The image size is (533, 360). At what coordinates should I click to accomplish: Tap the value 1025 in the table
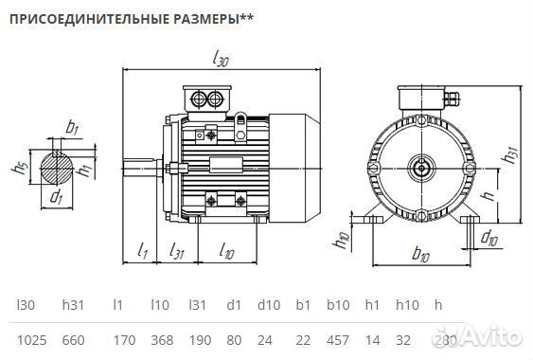pyautogui.click(x=32, y=339)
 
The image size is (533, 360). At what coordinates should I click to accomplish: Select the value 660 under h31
pyautogui.click(x=74, y=339)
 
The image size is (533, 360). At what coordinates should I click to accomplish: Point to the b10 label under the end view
pyautogui.click(x=420, y=254)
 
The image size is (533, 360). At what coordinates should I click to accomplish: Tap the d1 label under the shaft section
pyautogui.click(x=56, y=198)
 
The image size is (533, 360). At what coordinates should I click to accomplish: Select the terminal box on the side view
pyautogui.click(x=207, y=99)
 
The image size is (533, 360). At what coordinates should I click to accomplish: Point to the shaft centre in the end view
pyautogui.click(x=419, y=169)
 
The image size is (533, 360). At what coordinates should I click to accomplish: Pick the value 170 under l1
pyautogui.click(x=119, y=339)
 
